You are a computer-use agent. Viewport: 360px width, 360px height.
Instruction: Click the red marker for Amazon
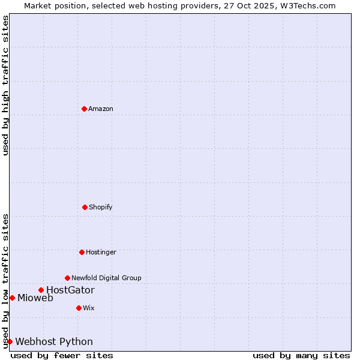coord(84,109)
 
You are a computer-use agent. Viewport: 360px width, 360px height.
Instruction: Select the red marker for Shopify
coord(85,207)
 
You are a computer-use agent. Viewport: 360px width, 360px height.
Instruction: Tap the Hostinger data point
coord(82,252)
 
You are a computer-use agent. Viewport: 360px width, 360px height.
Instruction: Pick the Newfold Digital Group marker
coord(67,278)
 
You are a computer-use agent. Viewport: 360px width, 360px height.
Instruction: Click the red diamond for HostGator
coord(41,290)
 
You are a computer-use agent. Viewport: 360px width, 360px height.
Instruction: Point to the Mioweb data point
coord(12,298)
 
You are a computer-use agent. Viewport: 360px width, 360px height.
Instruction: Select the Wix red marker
coord(79,308)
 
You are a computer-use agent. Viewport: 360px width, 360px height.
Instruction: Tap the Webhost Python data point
coord(10,341)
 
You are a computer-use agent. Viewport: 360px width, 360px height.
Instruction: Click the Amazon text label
coord(101,109)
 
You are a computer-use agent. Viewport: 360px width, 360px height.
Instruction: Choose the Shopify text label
coord(101,207)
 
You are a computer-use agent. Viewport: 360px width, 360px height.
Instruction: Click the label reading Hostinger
coord(101,252)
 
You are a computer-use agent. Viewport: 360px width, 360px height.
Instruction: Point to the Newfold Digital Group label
coord(106,278)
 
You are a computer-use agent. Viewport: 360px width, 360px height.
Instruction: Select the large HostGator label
coord(70,290)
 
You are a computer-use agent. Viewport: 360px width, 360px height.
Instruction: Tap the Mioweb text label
coord(35,298)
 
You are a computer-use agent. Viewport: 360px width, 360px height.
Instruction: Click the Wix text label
coord(89,308)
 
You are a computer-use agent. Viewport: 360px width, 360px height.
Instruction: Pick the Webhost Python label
coord(54,342)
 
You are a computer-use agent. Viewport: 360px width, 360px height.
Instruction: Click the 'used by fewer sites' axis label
coord(62,355)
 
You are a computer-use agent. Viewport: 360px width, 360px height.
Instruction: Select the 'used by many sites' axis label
coord(301,355)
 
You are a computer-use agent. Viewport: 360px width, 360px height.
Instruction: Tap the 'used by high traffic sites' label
coord(5,85)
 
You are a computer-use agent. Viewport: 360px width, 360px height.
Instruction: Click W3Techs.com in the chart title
coord(306,5)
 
